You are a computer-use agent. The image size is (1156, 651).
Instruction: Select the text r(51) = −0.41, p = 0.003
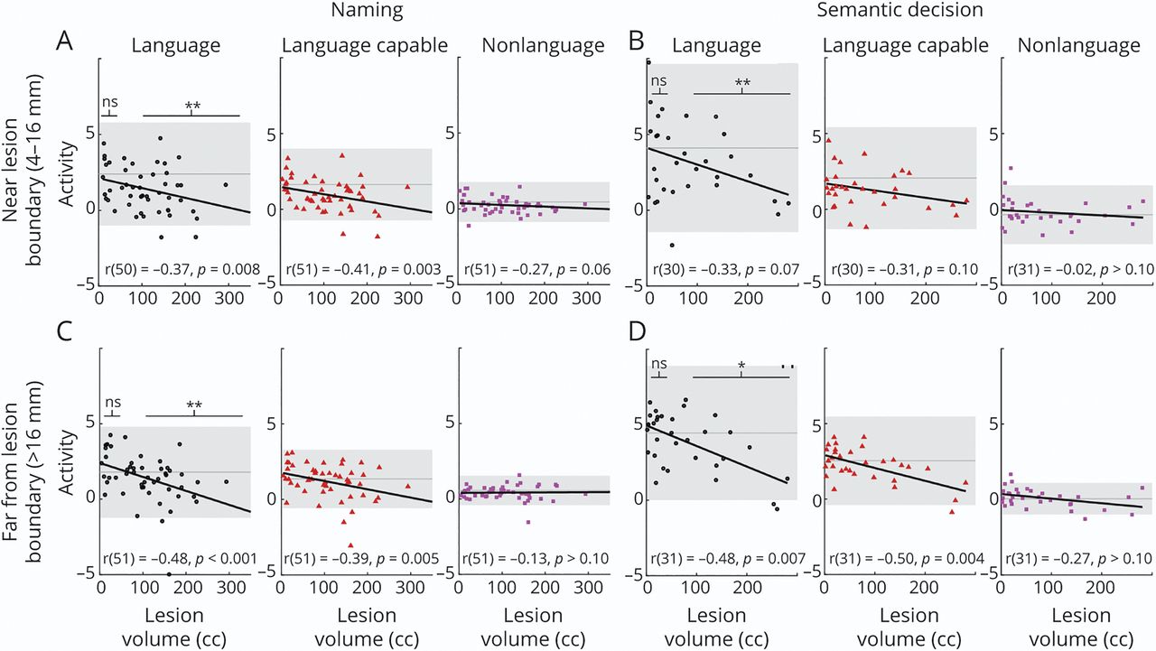coord(361,268)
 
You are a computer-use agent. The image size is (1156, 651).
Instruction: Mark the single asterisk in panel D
coord(741,366)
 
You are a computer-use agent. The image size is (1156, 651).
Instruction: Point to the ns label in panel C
coord(113,403)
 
